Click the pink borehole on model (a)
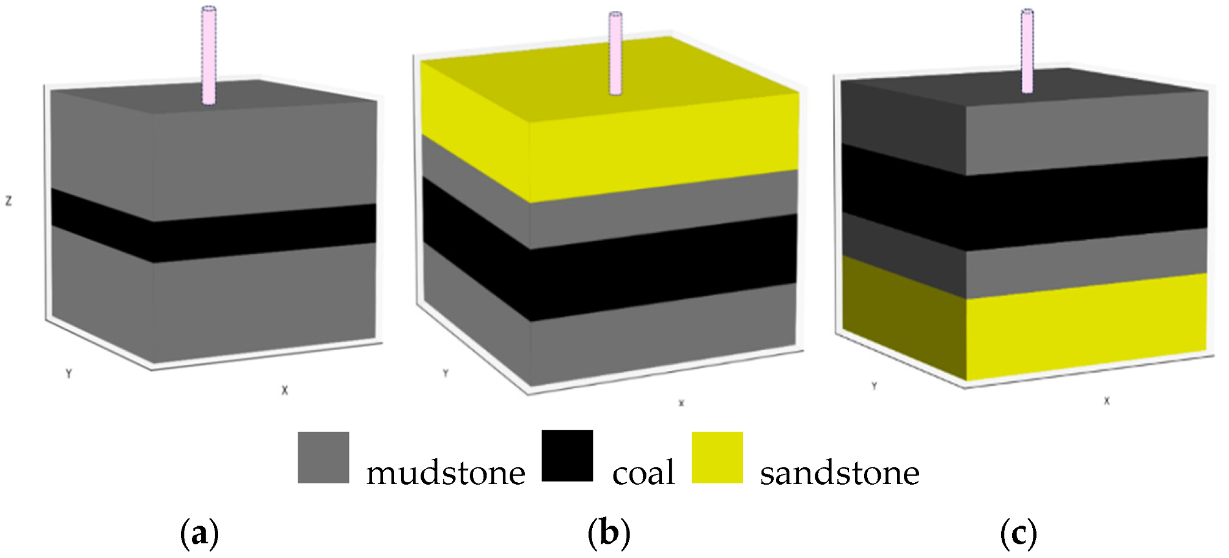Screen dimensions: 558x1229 209,55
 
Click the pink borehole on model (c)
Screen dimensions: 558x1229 1028,51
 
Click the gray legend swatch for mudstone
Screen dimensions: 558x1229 323,458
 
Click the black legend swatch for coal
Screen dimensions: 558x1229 567,456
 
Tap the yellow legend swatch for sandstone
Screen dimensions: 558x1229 717,458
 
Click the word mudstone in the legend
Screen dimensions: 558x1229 446,473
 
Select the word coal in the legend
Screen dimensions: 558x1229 643,473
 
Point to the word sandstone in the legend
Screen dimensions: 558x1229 839,473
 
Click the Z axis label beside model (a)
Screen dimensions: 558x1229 9,201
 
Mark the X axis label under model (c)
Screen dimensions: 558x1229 1106,401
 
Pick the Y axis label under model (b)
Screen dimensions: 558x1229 446,373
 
